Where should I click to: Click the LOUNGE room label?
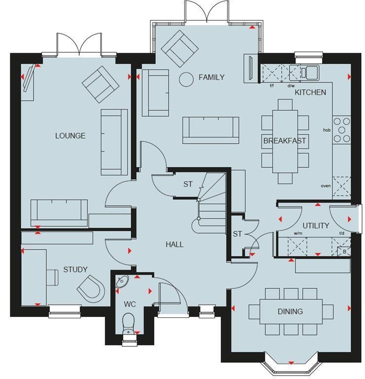point(71,136)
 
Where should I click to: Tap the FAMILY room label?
point(212,77)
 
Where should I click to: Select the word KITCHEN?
point(310,92)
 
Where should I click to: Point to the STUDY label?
point(75,269)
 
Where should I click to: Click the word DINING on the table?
point(291,311)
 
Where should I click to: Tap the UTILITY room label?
point(316,226)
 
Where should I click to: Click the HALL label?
point(175,244)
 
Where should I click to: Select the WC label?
point(130,304)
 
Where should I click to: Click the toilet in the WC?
point(128,324)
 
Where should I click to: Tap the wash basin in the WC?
point(122,281)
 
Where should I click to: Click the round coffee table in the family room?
point(186,79)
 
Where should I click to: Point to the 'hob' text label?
point(327,130)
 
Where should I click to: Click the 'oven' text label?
point(326,186)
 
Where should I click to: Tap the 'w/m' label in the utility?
point(298,233)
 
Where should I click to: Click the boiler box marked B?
point(344,252)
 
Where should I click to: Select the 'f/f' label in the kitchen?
point(272,86)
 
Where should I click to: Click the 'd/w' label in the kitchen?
point(291,86)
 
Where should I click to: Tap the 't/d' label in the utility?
point(342,233)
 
